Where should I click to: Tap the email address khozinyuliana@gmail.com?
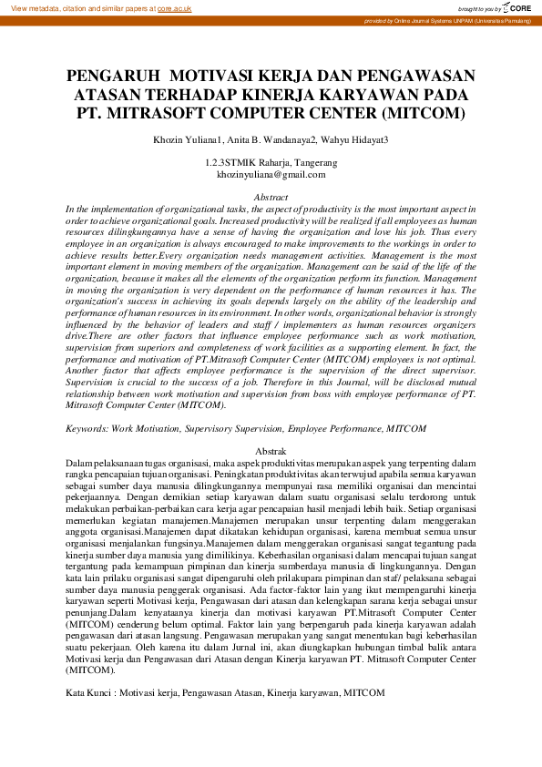[x=271, y=173]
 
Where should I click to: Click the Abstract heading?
[x=271, y=197]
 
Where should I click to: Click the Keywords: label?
[x=88, y=426]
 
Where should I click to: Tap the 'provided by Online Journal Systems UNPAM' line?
[x=450, y=19]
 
